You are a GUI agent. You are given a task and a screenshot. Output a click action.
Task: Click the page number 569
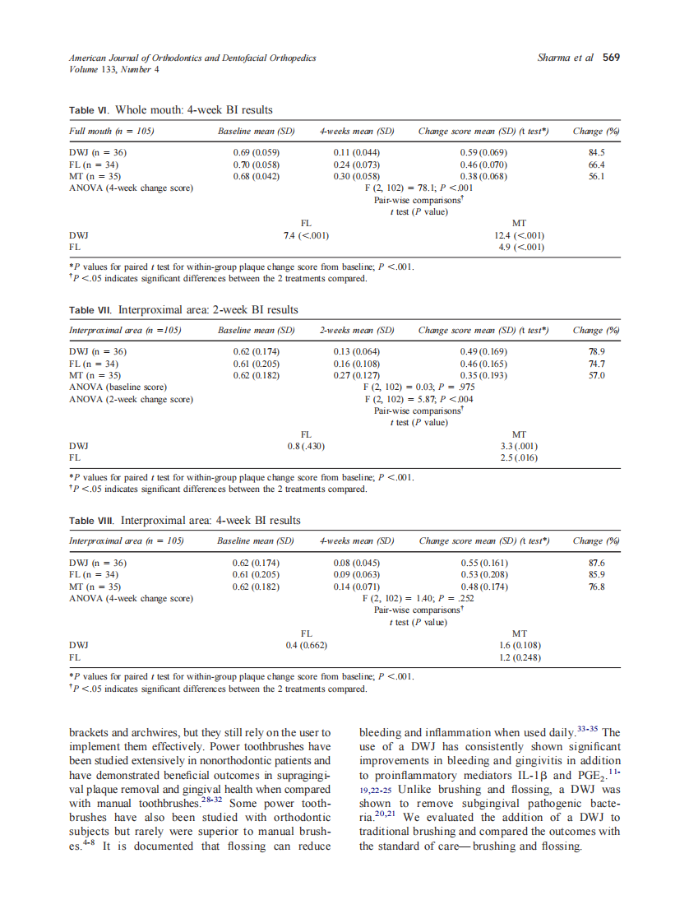coord(611,58)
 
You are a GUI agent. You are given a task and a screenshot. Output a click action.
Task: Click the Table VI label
coord(89,110)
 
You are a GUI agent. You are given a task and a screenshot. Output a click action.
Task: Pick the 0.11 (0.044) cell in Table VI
coord(357,153)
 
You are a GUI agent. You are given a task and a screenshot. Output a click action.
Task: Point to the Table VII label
coord(90,310)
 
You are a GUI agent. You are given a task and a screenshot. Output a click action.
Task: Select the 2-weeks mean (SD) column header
coord(357,331)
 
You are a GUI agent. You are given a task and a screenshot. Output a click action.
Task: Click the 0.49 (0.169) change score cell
coord(483,352)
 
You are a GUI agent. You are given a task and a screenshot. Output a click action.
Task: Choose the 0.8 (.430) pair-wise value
coord(307,447)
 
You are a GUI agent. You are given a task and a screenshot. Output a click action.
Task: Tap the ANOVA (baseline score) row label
coord(118,387)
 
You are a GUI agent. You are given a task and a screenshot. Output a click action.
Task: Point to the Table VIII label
coord(92,521)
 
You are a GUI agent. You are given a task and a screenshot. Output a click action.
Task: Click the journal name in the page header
coord(192,58)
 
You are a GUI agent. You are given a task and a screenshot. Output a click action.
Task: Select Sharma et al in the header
coord(565,58)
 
